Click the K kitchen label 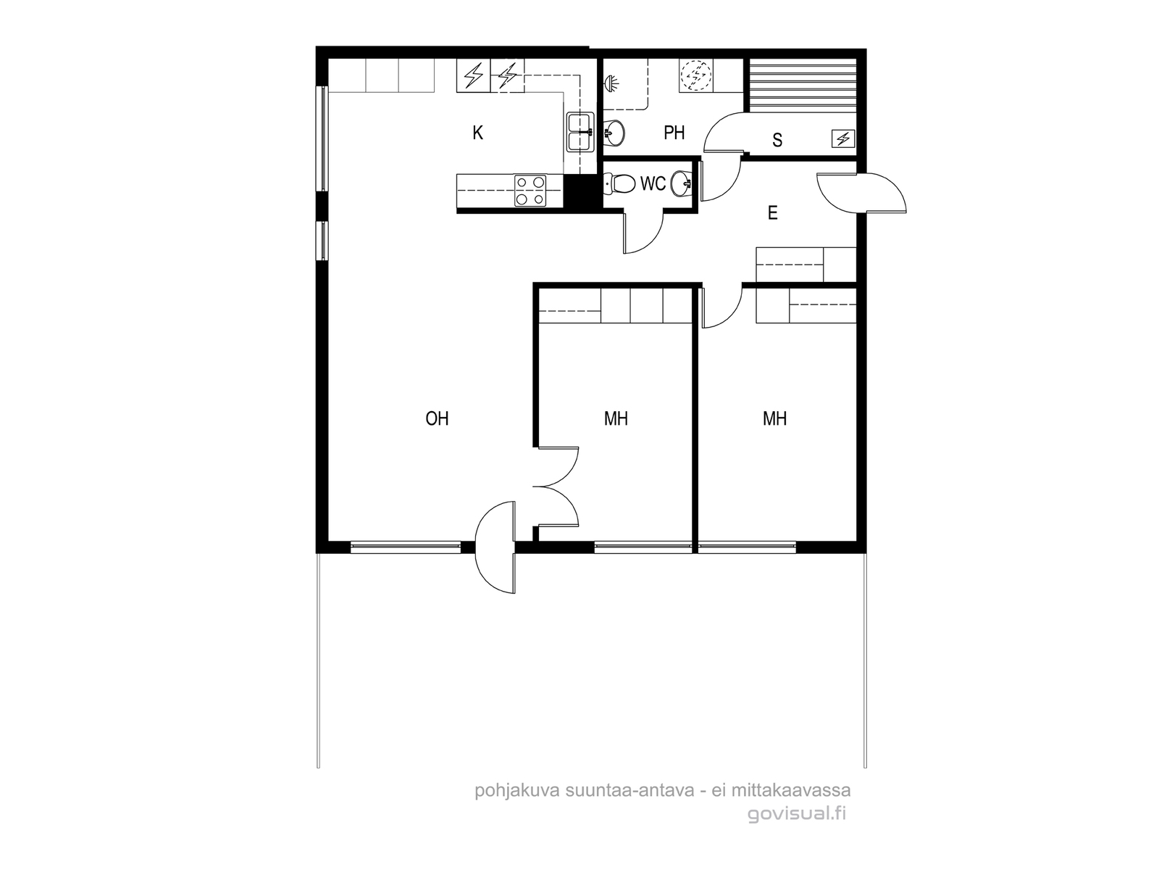click(x=477, y=133)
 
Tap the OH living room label click(x=438, y=418)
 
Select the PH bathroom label click(x=674, y=133)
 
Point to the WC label click(x=653, y=184)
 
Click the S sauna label click(x=777, y=140)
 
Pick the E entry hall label click(x=772, y=213)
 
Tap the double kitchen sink click(x=580, y=131)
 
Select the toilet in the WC click(x=620, y=184)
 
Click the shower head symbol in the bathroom click(x=611, y=83)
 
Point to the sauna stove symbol click(x=843, y=139)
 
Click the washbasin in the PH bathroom click(x=614, y=133)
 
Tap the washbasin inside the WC click(x=681, y=184)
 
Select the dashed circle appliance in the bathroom click(x=695, y=76)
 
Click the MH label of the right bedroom click(x=774, y=418)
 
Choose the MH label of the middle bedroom click(x=616, y=418)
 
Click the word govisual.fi click(x=797, y=813)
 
